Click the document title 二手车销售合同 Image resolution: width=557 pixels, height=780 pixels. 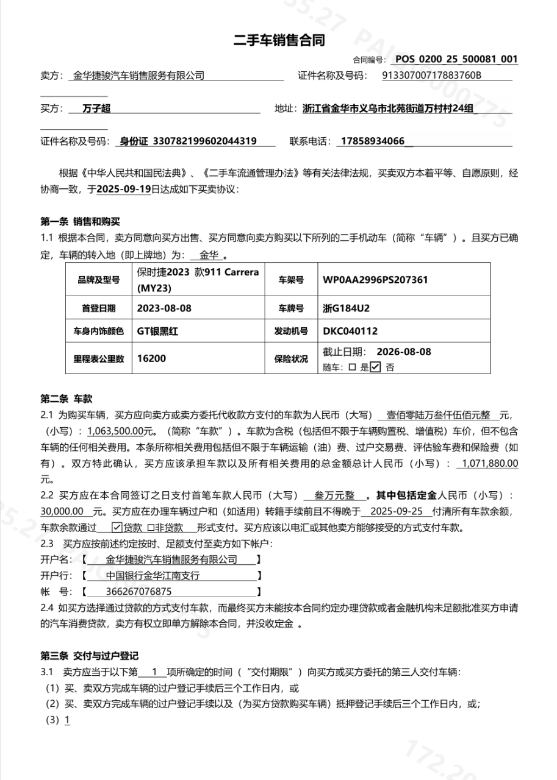[279, 41]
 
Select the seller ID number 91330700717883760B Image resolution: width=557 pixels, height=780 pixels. [431, 76]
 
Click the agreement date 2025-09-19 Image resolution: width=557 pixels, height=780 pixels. [124, 189]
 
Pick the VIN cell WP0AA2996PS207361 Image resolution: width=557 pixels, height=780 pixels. [375, 280]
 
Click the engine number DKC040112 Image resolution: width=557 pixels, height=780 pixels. [350, 331]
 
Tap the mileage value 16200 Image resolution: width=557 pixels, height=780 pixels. [151, 359]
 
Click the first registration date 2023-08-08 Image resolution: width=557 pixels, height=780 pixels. [164, 308]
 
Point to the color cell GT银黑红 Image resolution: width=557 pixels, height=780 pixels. [157, 331]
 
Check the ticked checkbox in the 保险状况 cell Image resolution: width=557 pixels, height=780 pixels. [375, 367]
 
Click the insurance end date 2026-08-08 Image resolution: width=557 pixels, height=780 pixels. [404, 352]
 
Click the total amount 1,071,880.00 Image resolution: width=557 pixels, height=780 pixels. [490, 463]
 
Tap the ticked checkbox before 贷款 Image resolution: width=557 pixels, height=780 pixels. [117, 527]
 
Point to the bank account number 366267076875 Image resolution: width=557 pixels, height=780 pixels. [138, 591]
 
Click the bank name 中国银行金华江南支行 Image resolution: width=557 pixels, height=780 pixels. [153, 575]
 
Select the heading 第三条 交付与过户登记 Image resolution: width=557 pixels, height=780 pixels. [89, 656]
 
